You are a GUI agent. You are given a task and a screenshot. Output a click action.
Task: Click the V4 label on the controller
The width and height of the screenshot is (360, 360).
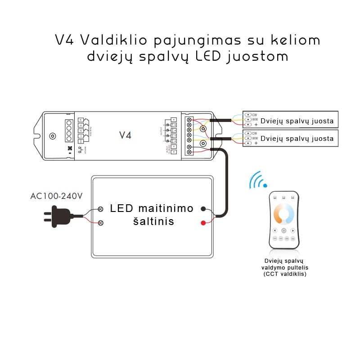click(125, 135)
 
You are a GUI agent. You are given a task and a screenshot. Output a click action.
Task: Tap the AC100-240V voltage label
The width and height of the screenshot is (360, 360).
click(56, 196)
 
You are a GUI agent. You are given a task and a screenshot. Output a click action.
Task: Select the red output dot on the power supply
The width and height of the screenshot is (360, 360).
click(203, 223)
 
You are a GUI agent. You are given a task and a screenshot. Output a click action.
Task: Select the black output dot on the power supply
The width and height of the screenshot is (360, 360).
click(203, 209)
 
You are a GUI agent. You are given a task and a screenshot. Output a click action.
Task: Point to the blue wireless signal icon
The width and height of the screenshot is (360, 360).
click(257, 180)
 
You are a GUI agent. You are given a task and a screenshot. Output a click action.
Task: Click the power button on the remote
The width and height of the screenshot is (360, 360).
click(283, 230)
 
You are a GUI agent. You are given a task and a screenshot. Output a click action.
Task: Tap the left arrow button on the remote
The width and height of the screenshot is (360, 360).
click(274, 230)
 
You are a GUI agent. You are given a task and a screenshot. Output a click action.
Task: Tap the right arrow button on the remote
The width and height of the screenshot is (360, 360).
click(293, 230)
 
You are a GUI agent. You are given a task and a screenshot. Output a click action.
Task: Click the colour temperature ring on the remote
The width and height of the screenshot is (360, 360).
click(283, 213)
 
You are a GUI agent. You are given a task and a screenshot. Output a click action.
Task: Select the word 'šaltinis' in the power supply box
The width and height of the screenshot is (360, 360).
click(153, 221)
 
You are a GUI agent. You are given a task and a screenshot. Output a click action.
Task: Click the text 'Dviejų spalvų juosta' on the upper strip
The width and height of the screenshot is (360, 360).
click(297, 121)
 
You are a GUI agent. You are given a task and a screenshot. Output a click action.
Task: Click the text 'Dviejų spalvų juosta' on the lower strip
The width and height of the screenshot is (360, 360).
click(297, 139)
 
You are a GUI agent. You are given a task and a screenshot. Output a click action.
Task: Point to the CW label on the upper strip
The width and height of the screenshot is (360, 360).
click(255, 115)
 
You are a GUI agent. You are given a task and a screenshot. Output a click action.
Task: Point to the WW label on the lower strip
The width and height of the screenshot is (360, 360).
click(255, 138)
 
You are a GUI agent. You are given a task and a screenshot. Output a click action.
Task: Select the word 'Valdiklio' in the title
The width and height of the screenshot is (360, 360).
click(115, 40)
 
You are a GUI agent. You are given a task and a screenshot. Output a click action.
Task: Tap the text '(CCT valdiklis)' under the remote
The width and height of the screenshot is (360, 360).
click(285, 274)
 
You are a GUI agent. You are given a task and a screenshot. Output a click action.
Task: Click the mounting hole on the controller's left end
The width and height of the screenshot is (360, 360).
click(53, 136)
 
